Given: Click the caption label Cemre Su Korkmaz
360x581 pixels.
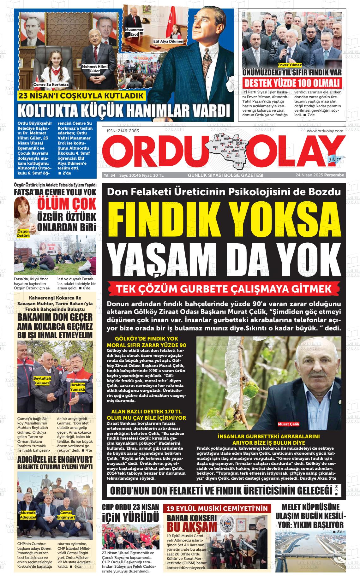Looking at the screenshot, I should [x=51, y=85].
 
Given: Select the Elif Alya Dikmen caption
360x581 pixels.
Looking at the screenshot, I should [x=168, y=41].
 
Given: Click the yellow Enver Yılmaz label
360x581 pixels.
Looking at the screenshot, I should [x=290, y=65].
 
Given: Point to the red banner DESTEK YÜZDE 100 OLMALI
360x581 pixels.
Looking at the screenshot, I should [x=292, y=83].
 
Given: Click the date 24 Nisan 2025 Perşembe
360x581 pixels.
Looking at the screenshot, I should [x=320, y=175].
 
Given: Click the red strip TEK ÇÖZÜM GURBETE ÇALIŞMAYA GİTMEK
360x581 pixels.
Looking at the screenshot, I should [x=224, y=289].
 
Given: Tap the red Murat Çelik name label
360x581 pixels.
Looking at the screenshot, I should [x=288, y=424].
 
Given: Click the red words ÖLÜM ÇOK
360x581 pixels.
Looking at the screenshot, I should [x=67, y=204].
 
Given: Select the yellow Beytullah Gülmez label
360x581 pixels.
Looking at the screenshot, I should [x=42, y=381].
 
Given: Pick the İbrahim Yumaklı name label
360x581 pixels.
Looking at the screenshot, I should [x=78, y=387].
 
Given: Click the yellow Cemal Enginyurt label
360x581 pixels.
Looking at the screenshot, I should [x=66, y=515].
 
